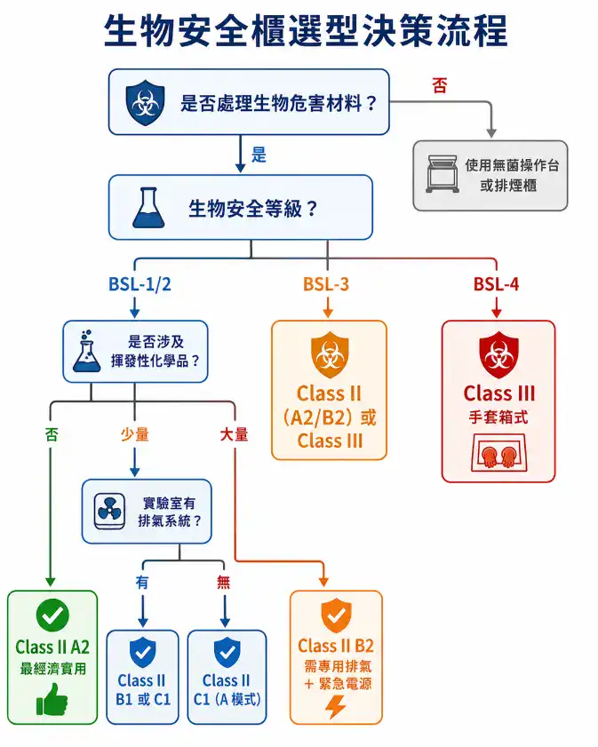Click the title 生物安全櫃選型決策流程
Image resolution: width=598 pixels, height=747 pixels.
(x=306, y=31)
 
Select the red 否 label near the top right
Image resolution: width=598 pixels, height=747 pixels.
(x=440, y=86)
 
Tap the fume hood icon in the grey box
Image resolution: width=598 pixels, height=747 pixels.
(x=441, y=174)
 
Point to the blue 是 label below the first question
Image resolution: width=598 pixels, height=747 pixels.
(x=259, y=155)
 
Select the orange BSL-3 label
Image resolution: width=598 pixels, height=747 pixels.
(x=326, y=285)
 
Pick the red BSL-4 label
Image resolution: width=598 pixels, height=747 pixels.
(x=496, y=285)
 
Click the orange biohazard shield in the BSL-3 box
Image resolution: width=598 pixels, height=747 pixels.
(x=328, y=354)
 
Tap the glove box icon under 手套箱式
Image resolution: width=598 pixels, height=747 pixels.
(x=498, y=454)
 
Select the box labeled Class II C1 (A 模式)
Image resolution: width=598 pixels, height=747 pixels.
(x=227, y=676)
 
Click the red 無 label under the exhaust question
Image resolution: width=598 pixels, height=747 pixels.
(x=224, y=582)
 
